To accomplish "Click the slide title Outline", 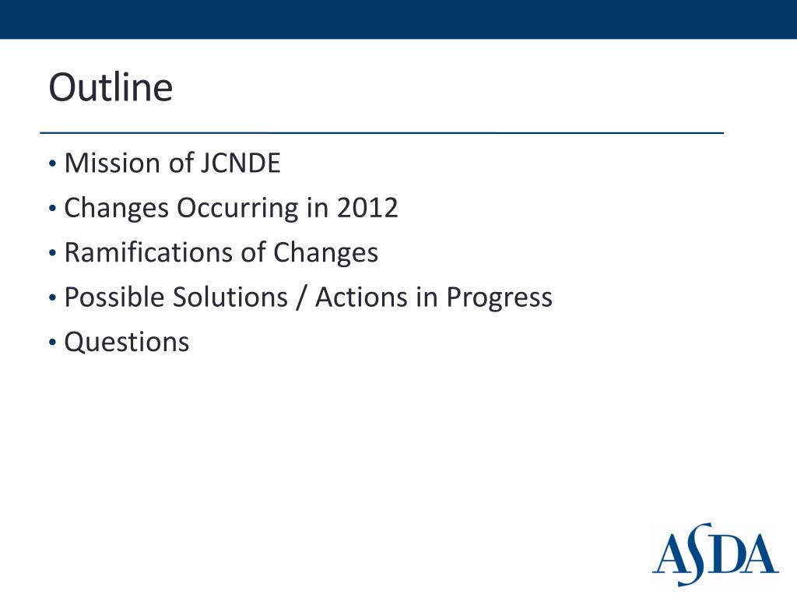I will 110,87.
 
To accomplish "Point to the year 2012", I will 367,208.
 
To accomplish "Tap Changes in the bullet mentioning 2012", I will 117,209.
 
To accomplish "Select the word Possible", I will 114,297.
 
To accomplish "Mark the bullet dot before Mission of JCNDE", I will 52,165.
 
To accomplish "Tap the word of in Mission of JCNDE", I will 175,164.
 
